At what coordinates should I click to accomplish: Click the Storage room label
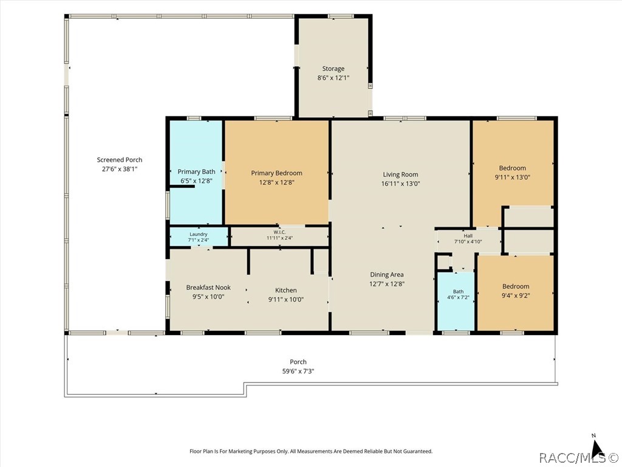click(333, 69)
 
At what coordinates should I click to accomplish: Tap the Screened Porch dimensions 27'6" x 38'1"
click(120, 169)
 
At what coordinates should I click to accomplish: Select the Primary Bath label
click(196, 171)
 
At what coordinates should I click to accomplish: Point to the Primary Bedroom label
click(276, 173)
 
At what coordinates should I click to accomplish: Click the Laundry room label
click(199, 234)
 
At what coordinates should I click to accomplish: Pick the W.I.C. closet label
click(279, 232)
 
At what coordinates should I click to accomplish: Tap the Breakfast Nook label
click(208, 288)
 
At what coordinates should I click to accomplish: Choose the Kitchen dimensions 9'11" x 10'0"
click(286, 300)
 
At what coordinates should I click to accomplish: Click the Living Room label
click(400, 175)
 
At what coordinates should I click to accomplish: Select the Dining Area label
click(387, 274)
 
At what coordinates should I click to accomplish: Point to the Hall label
click(468, 236)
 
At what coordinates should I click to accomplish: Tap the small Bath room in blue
click(456, 301)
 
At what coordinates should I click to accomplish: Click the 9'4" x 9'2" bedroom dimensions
click(516, 296)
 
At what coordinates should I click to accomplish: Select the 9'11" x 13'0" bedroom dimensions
click(513, 178)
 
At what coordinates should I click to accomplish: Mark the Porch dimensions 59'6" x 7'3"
click(298, 372)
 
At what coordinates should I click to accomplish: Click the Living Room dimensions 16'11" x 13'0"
click(400, 184)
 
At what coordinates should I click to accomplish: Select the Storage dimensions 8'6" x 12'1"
click(333, 78)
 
